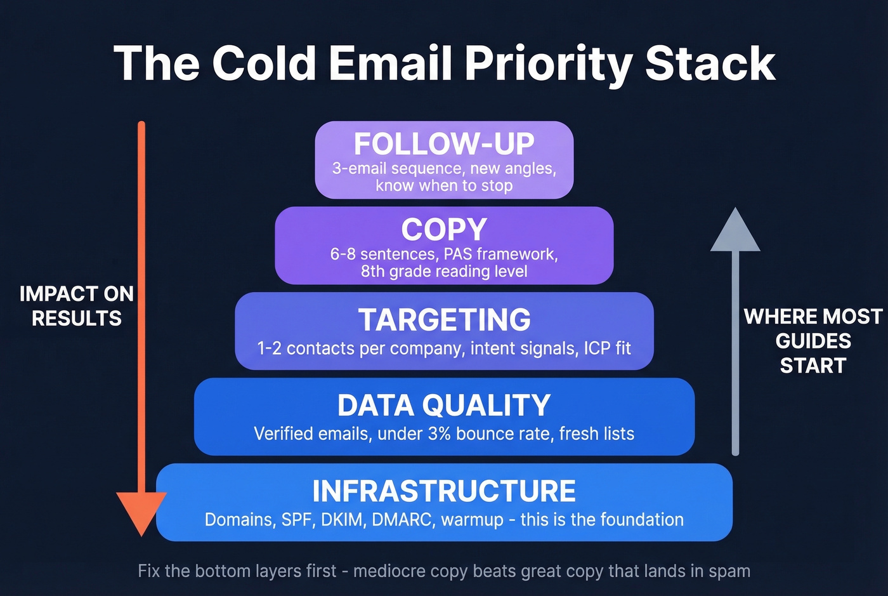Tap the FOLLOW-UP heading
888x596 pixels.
pos(444,143)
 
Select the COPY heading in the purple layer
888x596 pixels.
pos(444,229)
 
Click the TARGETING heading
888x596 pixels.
pos(444,319)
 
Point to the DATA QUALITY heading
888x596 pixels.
pos(444,405)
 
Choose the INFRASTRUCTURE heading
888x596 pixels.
pos(444,491)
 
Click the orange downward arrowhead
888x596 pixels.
pos(141,512)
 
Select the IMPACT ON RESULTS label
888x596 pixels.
pos(77,306)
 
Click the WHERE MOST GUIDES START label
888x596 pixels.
pos(813,341)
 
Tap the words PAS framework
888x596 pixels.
pos(500,255)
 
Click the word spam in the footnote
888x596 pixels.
pos(729,571)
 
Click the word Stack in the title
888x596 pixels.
pos(710,64)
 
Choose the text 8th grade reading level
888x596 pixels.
pos(444,272)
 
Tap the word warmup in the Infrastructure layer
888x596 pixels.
pos(472,520)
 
